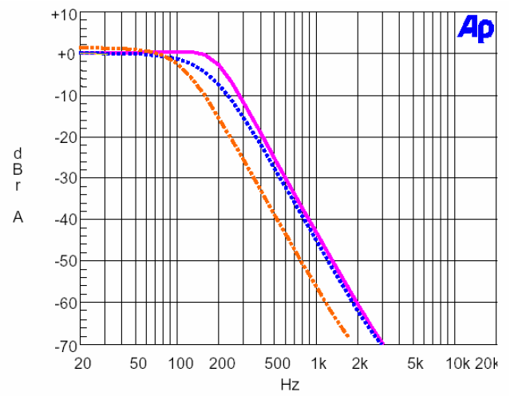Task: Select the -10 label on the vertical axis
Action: pos(63,97)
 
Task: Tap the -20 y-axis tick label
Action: pos(63,138)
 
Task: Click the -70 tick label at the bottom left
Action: pos(63,346)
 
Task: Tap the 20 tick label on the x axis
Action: pos(82,363)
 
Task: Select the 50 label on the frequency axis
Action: pos(138,363)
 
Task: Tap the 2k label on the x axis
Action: pos(361,363)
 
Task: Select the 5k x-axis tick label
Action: pos(416,363)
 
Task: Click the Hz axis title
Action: pos(290,385)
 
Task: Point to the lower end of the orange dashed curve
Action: pos(348,336)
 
